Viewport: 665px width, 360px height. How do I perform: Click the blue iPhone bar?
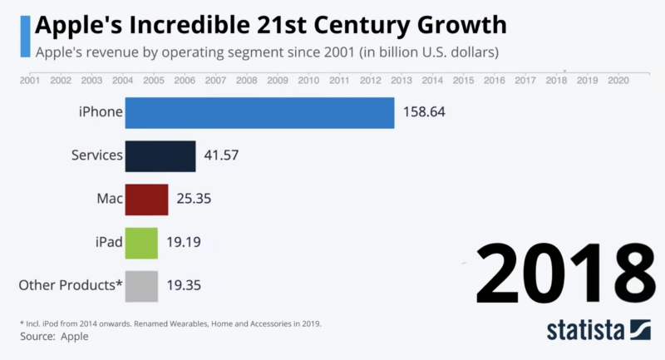[x=259, y=112]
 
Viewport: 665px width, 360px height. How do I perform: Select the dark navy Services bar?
[x=160, y=155]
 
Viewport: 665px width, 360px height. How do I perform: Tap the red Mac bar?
[x=146, y=200]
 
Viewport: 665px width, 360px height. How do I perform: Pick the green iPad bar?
[x=141, y=243]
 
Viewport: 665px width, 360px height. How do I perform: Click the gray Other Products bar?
[x=141, y=286]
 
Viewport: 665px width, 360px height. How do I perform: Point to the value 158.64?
[x=424, y=112]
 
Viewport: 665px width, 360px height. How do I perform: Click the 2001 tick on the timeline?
[x=29, y=81]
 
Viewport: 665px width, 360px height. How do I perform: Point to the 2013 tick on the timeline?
[x=401, y=81]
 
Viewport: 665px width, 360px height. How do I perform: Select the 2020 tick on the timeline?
[x=618, y=81]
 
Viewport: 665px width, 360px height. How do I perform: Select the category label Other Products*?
[x=71, y=286]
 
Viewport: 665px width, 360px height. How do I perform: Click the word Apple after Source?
[x=73, y=337]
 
